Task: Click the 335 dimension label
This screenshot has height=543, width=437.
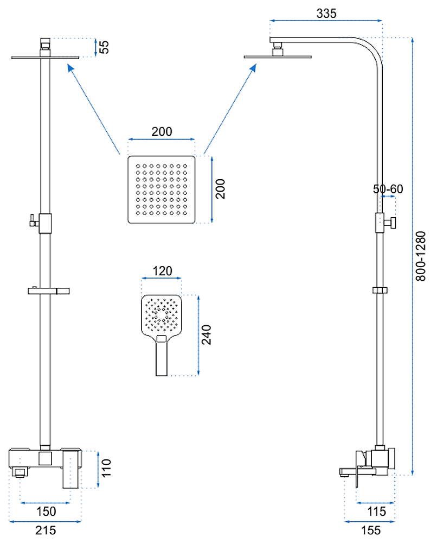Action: pyautogui.click(x=326, y=13)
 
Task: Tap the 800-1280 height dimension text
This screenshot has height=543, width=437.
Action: pyautogui.click(x=420, y=256)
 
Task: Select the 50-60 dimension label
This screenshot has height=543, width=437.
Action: pyautogui.click(x=388, y=189)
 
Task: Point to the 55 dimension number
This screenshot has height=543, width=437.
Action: pyautogui.click(x=104, y=47)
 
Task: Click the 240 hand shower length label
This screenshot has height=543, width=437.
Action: pyautogui.click(x=207, y=334)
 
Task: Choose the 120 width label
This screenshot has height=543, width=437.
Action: pyautogui.click(x=162, y=271)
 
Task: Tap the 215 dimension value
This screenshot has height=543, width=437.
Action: pyautogui.click(x=46, y=530)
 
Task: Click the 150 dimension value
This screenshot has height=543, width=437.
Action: pyautogui.click(x=46, y=511)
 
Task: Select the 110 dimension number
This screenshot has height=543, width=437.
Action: pyautogui.click(x=106, y=468)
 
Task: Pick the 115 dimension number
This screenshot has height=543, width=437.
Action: pyautogui.click(x=376, y=511)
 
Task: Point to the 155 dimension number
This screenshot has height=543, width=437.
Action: pyautogui.click(x=371, y=530)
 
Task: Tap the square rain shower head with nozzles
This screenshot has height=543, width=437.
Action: pyautogui.click(x=162, y=190)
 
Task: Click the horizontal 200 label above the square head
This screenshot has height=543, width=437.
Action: pyautogui.click(x=162, y=131)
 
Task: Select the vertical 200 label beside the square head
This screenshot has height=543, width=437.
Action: pyautogui.click(x=220, y=189)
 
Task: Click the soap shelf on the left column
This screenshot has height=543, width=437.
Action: pyautogui.click(x=49, y=291)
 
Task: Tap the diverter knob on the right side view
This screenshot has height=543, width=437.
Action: pyautogui.click(x=391, y=223)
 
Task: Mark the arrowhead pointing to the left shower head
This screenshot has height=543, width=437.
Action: pyautogui.click(x=71, y=67)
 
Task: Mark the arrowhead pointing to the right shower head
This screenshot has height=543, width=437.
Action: pyautogui.click(x=253, y=67)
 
